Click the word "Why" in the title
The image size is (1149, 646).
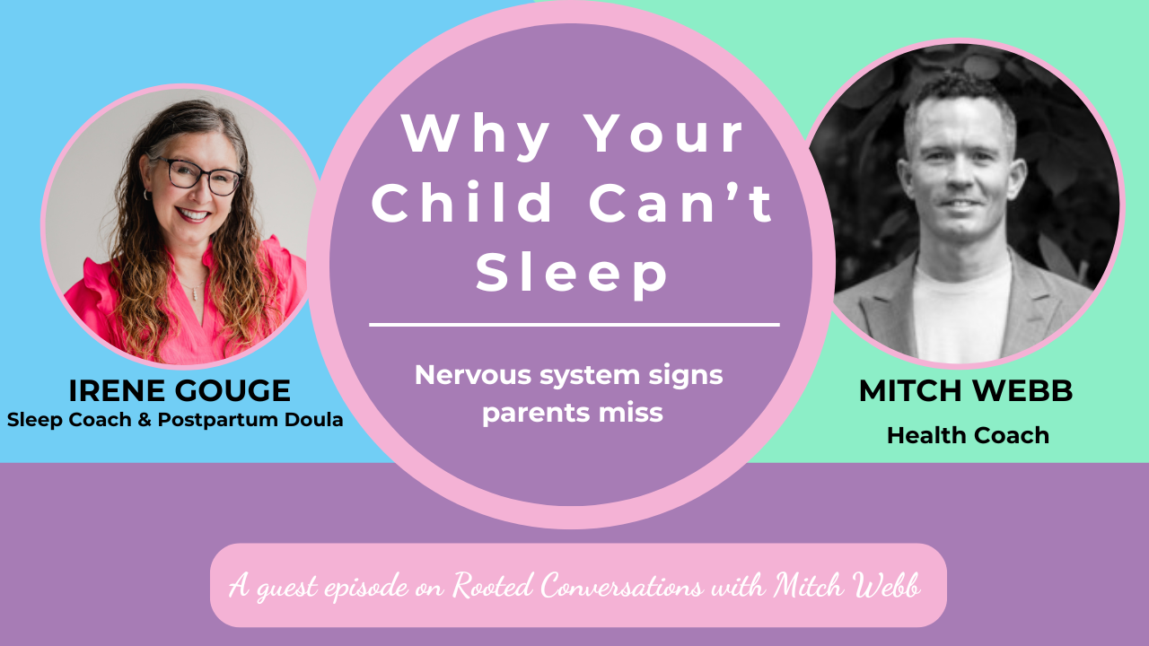point(476,135)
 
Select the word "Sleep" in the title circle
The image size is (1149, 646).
point(573,274)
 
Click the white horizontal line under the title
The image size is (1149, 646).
point(574,324)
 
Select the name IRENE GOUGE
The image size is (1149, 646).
point(180,391)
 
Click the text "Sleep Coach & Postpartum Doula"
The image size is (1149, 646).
point(175,420)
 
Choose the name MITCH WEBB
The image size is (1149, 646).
point(967,391)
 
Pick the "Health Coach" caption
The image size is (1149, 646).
point(968,435)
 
